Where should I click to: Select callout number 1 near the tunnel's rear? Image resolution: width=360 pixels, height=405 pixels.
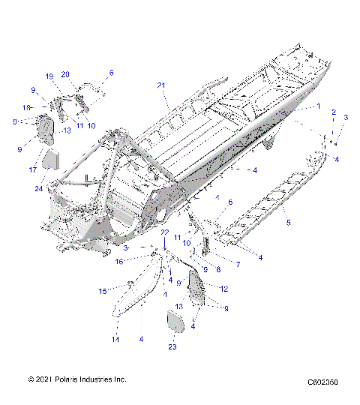coord(318,106)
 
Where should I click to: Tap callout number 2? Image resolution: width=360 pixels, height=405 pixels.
coord(334,112)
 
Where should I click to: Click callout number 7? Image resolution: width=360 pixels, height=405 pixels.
coord(238,265)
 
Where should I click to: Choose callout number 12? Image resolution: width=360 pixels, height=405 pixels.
coord(223,287)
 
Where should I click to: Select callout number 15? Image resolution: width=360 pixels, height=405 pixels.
coord(103,291)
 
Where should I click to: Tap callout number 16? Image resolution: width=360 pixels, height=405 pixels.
coord(119,261)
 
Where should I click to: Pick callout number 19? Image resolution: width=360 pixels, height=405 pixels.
coord(49,76)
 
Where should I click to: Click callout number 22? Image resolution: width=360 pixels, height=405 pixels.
coord(165,232)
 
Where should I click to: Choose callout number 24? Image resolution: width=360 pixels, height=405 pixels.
coord(38,188)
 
